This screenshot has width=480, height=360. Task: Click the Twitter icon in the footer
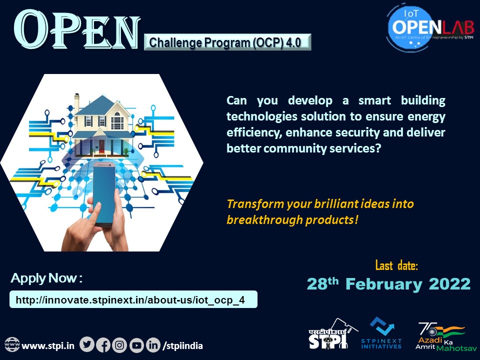coord(87,345)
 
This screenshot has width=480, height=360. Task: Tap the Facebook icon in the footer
coord(103,345)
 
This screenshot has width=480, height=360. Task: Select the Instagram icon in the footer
coord(119,345)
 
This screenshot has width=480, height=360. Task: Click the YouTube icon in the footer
coord(136,345)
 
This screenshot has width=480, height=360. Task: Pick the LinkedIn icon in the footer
coord(152,345)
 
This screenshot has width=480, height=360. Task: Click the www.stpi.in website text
coord(48,345)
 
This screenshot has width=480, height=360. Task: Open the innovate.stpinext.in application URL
coord(133,299)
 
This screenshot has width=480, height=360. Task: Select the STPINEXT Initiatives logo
coord(381,333)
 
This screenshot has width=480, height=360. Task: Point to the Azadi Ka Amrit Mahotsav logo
coord(441,336)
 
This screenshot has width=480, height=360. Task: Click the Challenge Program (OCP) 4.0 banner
coord(227,42)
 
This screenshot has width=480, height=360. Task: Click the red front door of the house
coord(102,146)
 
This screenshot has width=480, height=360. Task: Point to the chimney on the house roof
coord(77,101)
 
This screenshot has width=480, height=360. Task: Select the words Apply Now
coord(47,278)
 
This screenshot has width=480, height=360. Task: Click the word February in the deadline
coord(382,284)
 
